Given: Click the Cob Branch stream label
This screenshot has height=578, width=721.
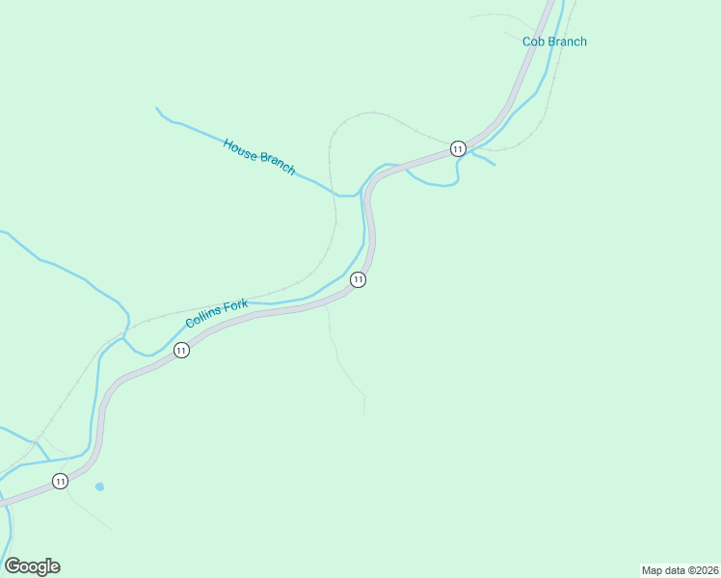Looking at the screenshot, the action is click(x=554, y=41).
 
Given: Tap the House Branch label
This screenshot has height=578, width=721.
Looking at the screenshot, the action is click(x=258, y=156).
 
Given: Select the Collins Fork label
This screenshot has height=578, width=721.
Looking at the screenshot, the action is click(x=217, y=313).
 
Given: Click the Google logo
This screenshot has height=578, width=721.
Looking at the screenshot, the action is click(x=32, y=566).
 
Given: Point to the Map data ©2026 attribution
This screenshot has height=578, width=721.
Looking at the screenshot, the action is click(x=680, y=570).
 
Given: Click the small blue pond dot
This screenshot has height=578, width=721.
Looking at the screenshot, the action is click(x=99, y=486).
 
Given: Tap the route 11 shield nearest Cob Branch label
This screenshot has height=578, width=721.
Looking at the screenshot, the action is click(x=457, y=148).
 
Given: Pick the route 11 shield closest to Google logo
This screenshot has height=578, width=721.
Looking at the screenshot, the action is click(x=60, y=481).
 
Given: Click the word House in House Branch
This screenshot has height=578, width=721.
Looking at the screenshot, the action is click(x=240, y=147).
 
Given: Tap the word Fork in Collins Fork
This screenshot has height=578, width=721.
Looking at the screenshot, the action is click(x=236, y=306).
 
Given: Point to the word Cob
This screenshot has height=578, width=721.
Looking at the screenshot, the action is click(x=534, y=41).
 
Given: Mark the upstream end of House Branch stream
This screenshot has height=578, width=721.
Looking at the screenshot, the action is click(x=157, y=108).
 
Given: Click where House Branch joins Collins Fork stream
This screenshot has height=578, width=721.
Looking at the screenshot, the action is click(x=359, y=195).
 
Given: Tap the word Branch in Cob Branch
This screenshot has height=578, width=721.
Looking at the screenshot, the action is click(x=567, y=41).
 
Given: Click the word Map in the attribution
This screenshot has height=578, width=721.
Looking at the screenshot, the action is click(x=652, y=570).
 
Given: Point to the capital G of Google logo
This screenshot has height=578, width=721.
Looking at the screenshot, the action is click(x=13, y=566).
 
